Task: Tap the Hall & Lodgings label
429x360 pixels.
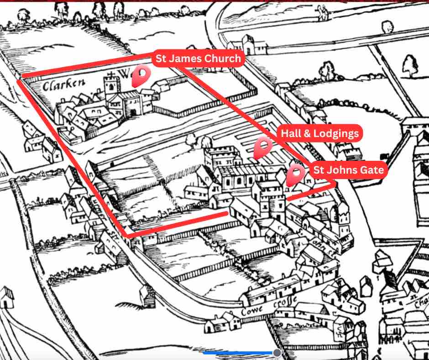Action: tap(319, 133)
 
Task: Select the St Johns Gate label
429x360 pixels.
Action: tap(349, 170)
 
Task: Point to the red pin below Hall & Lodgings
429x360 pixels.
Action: tap(262, 148)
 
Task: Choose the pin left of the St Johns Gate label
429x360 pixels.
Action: tap(296, 175)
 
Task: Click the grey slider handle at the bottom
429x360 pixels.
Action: tap(276, 353)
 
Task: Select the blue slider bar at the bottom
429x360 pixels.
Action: tap(237, 353)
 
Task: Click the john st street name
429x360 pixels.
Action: tap(321, 244)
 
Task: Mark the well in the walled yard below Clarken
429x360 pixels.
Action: tap(72, 132)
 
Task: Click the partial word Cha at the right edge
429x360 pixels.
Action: tap(421, 302)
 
